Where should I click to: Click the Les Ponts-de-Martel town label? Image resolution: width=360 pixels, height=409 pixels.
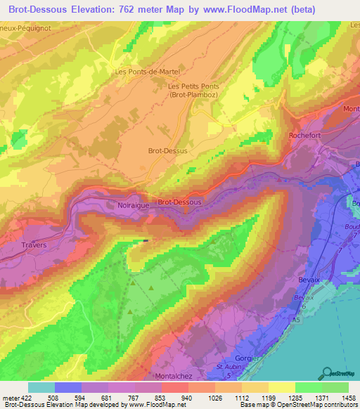point(148,72)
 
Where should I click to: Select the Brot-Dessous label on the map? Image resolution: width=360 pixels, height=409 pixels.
point(179,202)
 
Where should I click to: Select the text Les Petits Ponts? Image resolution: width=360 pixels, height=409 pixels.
point(194,86)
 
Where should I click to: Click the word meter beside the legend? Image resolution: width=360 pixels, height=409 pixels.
point(11,397)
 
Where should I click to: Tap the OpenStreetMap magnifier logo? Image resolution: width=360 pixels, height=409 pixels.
point(326,372)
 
